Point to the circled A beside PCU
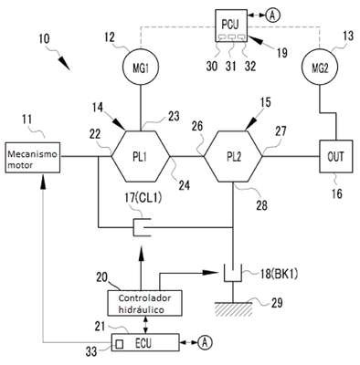coord(272,16)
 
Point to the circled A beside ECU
coord(205,342)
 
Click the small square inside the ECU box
coord(120,344)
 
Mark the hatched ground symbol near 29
coord(233,308)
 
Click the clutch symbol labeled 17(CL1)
coord(134,227)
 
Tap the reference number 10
coord(45,38)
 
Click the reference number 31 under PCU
coord(231,66)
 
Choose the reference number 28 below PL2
coord(261,205)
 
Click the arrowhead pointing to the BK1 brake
coord(210,272)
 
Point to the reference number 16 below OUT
coord(337,193)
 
